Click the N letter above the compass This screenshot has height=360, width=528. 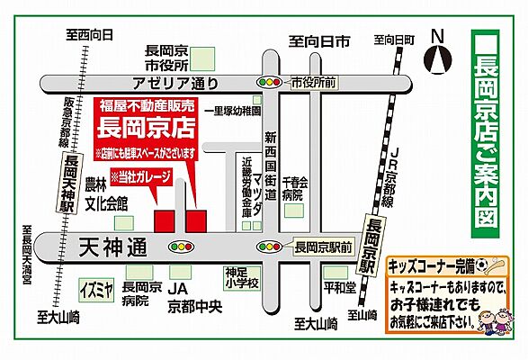point(438,36)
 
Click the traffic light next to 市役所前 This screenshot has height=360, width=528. point(269,83)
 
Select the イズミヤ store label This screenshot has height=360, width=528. point(95,290)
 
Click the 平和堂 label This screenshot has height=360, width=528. point(335,290)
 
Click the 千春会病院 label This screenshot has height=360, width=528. point(294,187)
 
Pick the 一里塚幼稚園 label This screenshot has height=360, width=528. point(232,112)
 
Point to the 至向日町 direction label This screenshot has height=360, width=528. point(395,40)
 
